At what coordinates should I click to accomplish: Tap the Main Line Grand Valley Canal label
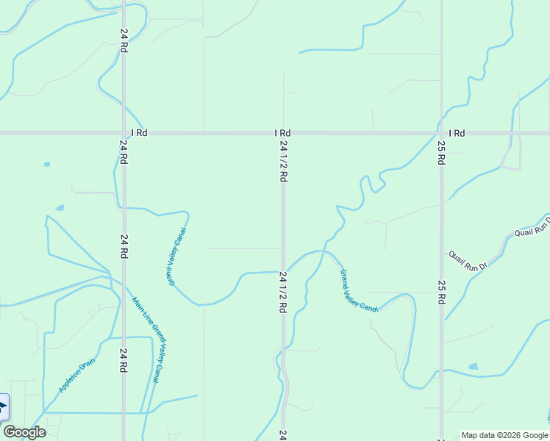(146, 340)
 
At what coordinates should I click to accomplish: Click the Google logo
(24, 432)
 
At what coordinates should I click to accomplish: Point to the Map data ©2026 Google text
(504, 435)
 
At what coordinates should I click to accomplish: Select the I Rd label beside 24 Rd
(139, 133)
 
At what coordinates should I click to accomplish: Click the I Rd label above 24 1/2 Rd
(282, 133)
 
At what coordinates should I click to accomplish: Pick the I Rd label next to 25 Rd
(457, 133)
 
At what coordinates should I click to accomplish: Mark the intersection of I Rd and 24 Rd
(123, 133)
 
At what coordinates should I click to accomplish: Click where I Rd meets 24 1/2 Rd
(283, 133)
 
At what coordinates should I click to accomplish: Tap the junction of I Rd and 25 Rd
(441, 133)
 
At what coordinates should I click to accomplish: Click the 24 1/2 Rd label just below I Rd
(283, 162)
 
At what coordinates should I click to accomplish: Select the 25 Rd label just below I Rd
(441, 153)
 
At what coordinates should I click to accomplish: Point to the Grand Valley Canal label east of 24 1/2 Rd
(358, 291)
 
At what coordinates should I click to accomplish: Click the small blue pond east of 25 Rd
(473, 366)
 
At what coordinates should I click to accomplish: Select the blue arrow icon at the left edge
(3, 406)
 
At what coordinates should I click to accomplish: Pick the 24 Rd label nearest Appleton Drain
(123, 360)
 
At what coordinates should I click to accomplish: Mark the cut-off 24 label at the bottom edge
(282, 435)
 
